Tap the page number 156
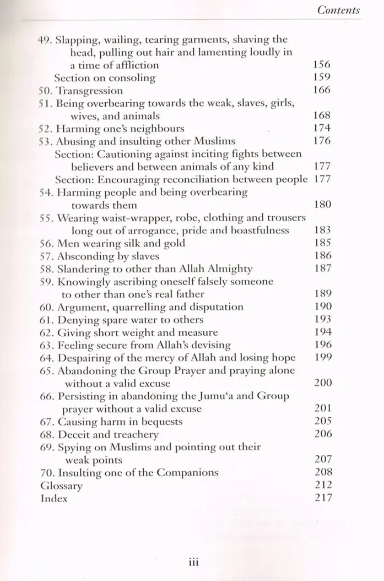(x=322, y=65)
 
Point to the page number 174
(x=322, y=129)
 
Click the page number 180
(x=322, y=204)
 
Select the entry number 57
(x=46, y=256)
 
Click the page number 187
(x=322, y=268)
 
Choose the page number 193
(x=322, y=319)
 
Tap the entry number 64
(x=46, y=358)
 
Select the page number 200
(x=322, y=383)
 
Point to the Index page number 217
(x=322, y=498)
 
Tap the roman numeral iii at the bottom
(x=193, y=562)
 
